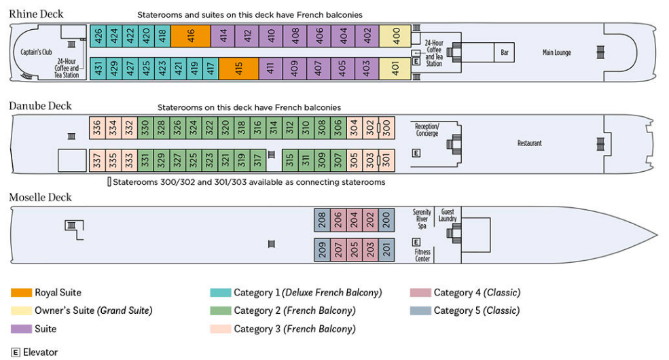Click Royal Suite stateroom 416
coord(190,36)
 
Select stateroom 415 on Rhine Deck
coord(238,68)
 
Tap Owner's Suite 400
coord(396,36)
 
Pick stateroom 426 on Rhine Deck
coord(98,36)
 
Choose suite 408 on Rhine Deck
coord(295,36)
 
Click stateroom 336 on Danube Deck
coord(97,128)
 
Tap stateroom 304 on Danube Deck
coord(353,128)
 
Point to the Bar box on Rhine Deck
coord(505,52)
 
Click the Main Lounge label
coord(557,53)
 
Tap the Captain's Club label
coord(37,52)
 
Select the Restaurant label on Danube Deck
coord(530,143)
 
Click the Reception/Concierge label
coord(427,130)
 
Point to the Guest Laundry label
coord(448,215)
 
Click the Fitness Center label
coord(422,255)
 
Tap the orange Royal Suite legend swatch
coord(21,293)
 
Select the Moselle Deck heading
coord(40,198)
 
